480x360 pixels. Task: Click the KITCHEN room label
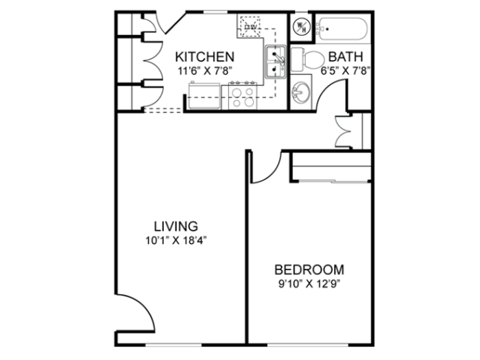click(205, 57)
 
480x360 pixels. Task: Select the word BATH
click(346, 57)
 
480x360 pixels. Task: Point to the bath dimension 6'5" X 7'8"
click(346, 71)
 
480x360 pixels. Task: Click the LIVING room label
click(176, 226)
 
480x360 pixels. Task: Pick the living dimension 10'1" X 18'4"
click(176, 241)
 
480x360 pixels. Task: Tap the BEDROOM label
click(309, 270)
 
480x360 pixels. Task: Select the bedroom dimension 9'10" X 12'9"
click(309, 284)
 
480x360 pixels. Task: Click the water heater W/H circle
click(301, 27)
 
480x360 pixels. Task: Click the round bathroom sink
click(301, 92)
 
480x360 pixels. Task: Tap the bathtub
click(342, 29)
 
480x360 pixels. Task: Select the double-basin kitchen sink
click(276, 62)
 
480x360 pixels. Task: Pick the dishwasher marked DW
click(250, 27)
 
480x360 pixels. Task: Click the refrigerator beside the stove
click(204, 95)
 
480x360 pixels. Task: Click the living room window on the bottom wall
click(173, 345)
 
